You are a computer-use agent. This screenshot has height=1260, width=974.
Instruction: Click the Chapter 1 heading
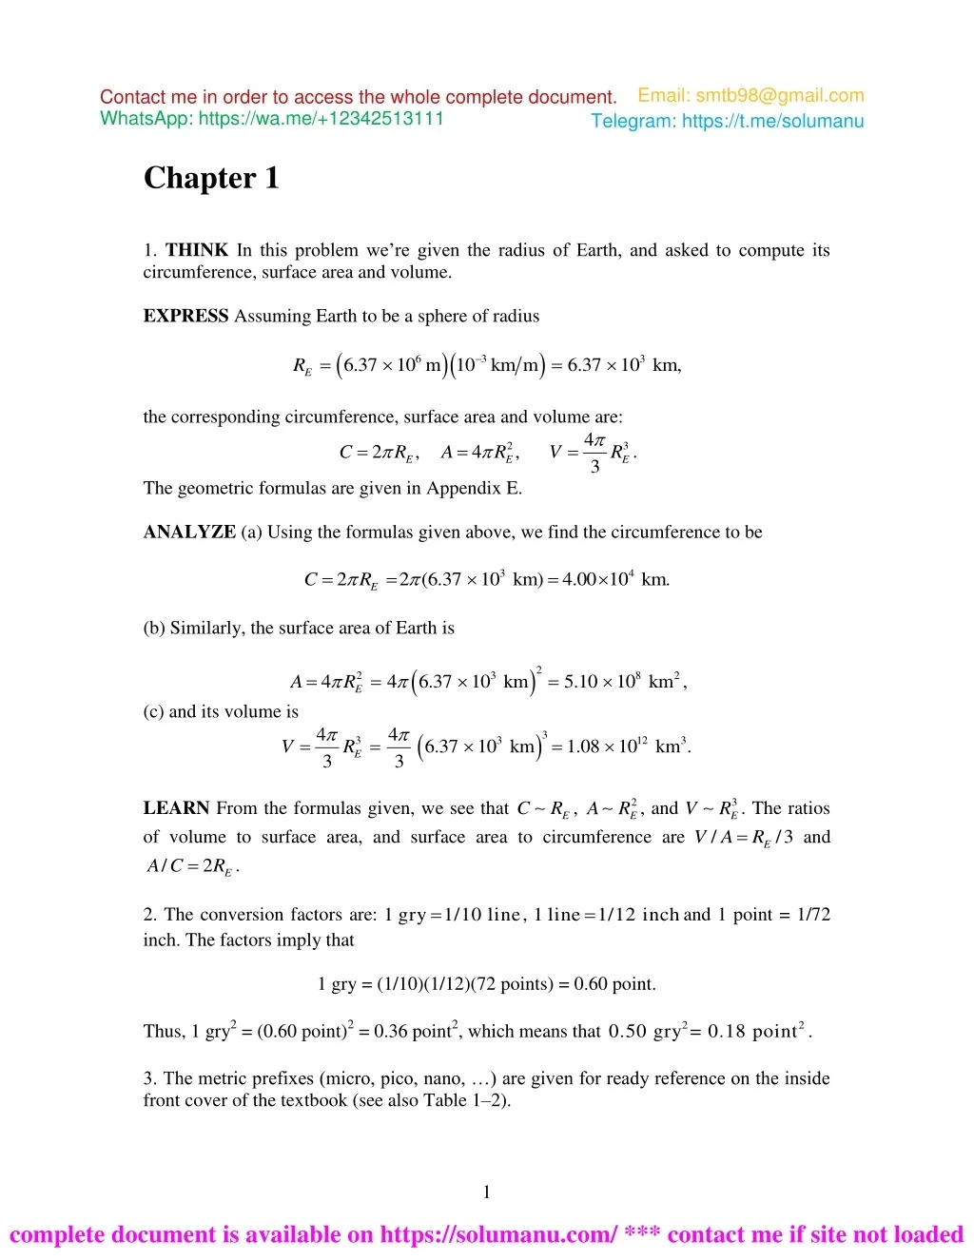pyautogui.click(x=211, y=178)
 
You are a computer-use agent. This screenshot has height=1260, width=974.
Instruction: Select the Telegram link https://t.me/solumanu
pyautogui.click(x=772, y=121)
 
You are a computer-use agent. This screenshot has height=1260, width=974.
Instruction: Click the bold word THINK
pyautogui.click(x=197, y=250)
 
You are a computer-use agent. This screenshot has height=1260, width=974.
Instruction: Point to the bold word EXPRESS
pyautogui.click(x=185, y=316)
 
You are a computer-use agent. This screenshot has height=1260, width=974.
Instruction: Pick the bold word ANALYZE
pyautogui.click(x=189, y=532)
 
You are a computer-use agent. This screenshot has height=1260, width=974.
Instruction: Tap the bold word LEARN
pyautogui.click(x=176, y=808)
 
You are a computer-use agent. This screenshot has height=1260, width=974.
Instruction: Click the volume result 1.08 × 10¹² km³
pyautogui.click(x=628, y=746)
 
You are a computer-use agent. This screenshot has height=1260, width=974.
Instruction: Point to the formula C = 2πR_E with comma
pyautogui.click(x=379, y=453)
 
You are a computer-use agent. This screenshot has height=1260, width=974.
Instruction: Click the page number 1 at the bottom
pyautogui.click(x=487, y=1192)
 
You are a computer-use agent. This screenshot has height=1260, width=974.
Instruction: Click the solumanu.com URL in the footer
pyautogui.click(x=498, y=1235)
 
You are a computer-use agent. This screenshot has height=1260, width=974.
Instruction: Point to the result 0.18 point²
pyautogui.click(x=757, y=1032)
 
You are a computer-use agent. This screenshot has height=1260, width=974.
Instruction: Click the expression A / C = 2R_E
pyautogui.click(x=191, y=866)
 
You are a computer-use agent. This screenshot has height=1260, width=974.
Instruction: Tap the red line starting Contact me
pyautogui.click(x=358, y=97)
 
